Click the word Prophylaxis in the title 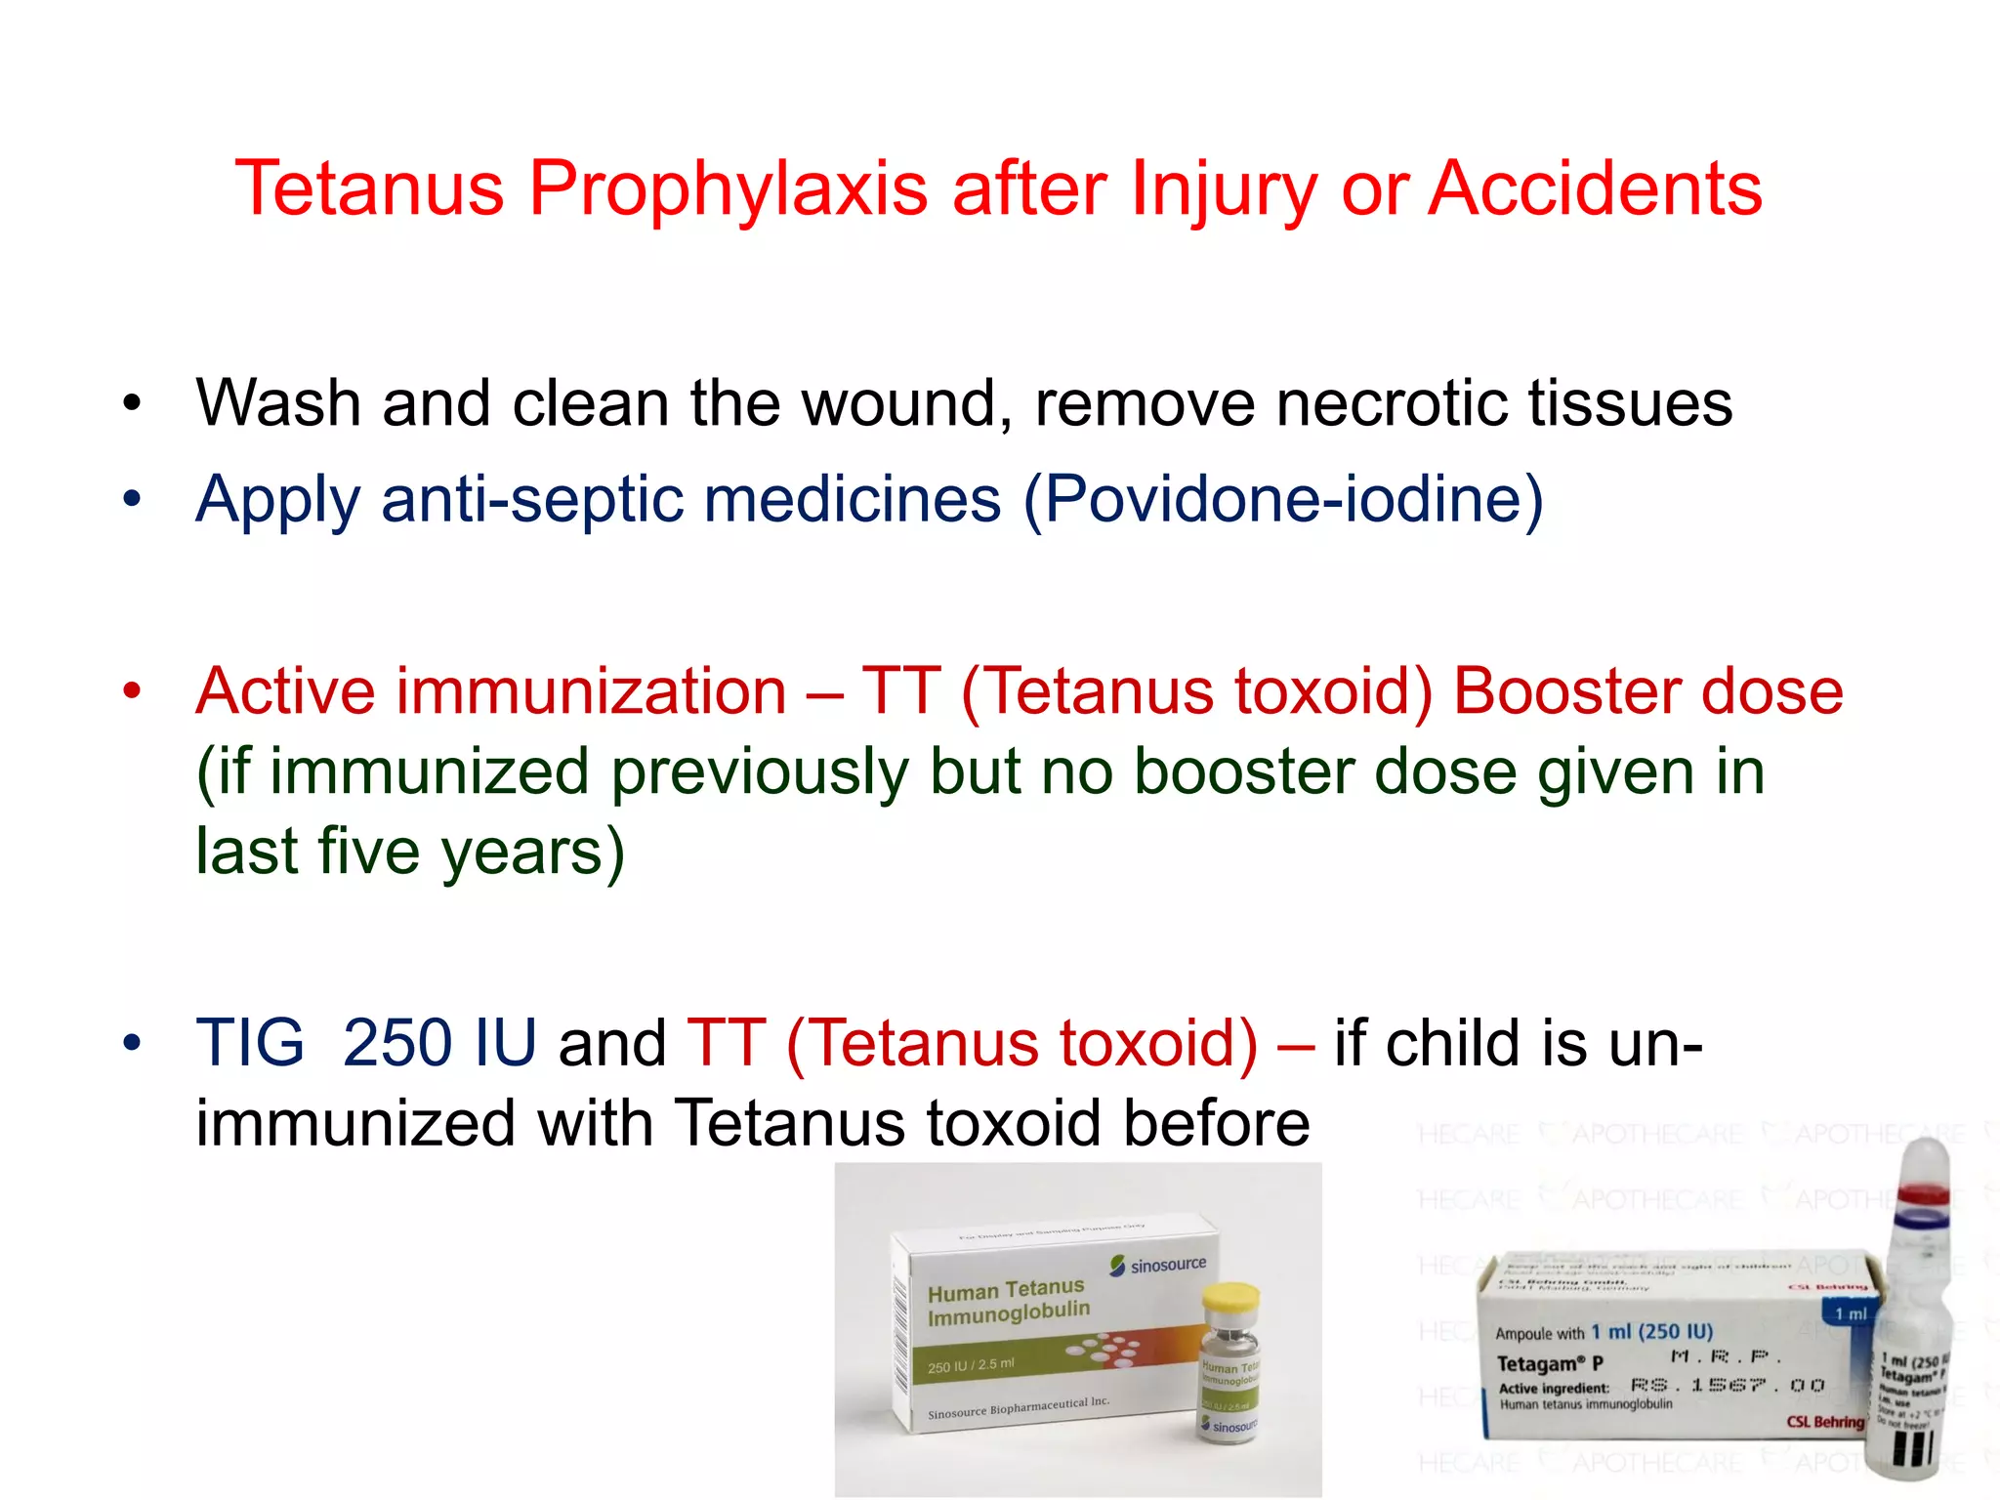coord(728,187)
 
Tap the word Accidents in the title coord(1595,187)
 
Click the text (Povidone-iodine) coord(1283,499)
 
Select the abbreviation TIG coord(250,1042)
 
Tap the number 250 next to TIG coord(398,1042)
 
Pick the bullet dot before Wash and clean coord(132,402)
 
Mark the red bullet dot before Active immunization coord(132,691)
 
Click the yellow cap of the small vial coord(1229,1300)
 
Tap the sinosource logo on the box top coord(1158,1266)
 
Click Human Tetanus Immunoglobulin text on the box coord(1008,1302)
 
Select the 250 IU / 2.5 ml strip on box coord(971,1365)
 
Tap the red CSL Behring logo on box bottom coord(1824,1422)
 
